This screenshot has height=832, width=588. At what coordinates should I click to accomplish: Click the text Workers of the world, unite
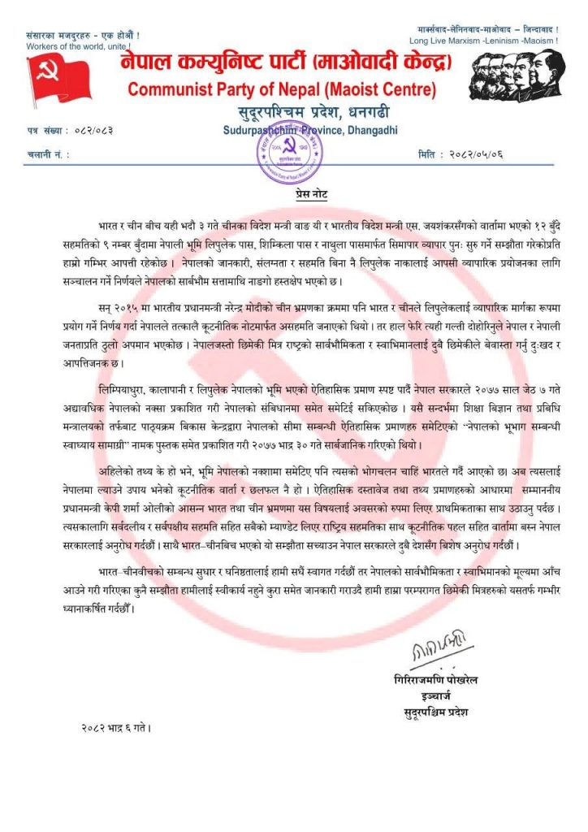(78, 46)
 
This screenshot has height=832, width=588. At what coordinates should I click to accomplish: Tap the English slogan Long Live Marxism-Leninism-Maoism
(483, 41)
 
